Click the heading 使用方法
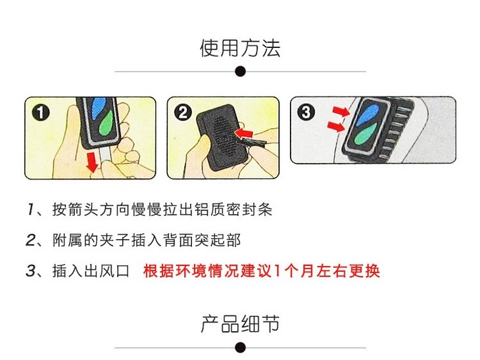pyautogui.click(x=240, y=48)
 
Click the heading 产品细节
pyautogui.click(x=240, y=324)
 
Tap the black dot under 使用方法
pyautogui.click(x=240, y=72)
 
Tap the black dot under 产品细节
pyautogui.click(x=240, y=348)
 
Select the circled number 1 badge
pyautogui.click(x=41, y=112)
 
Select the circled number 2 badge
pyautogui.click(x=183, y=112)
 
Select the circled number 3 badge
pyautogui.click(x=306, y=112)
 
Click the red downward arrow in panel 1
pyautogui.click(x=92, y=163)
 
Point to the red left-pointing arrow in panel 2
pyautogui.click(x=243, y=133)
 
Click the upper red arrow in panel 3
pyautogui.click(x=341, y=111)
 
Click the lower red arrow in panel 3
pyautogui.click(x=336, y=125)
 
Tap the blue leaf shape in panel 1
pyautogui.click(x=98, y=107)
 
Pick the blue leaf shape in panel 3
pyautogui.click(x=368, y=115)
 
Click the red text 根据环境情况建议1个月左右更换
pyautogui.click(x=262, y=271)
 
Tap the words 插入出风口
pyautogui.click(x=91, y=271)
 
